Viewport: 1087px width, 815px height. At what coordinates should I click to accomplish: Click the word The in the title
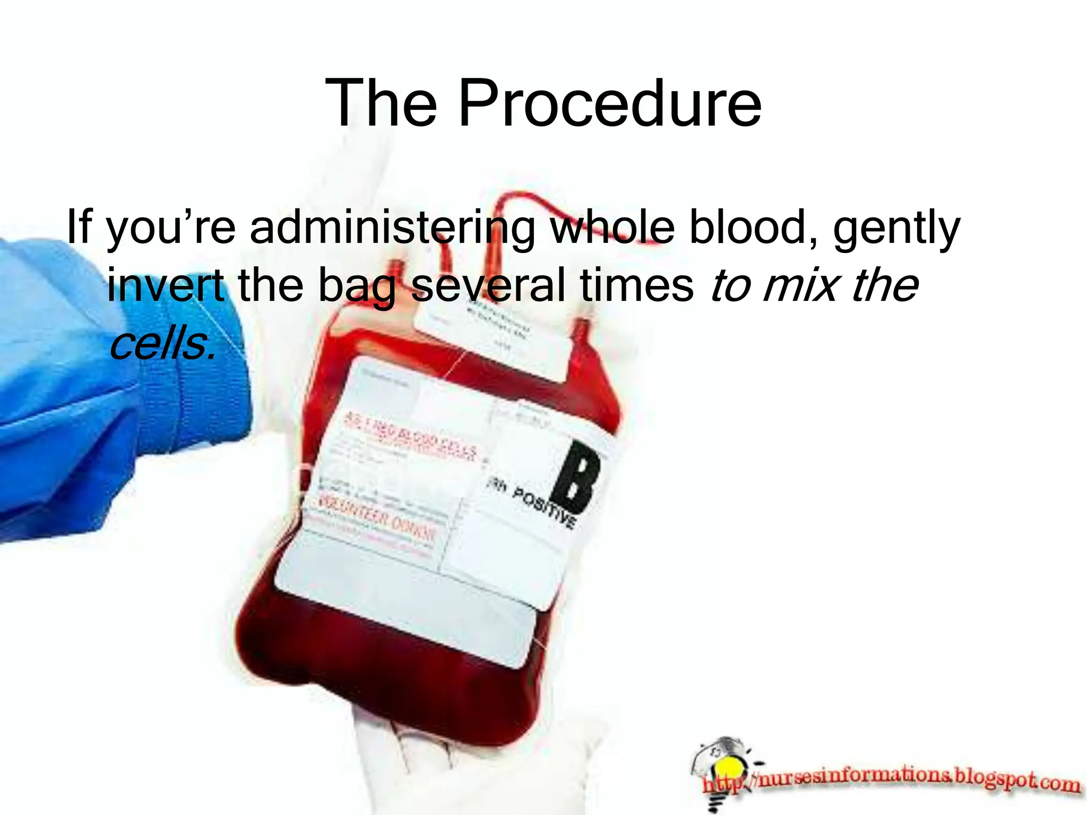(x=381, y=103)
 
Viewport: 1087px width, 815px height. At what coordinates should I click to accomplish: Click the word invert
(x=165, y=285)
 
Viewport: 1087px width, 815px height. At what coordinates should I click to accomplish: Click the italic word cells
(x=162, y=343)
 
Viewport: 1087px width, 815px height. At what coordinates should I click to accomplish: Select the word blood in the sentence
(x=754, y=227)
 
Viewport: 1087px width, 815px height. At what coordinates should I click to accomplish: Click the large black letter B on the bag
(x=576, y=475)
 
